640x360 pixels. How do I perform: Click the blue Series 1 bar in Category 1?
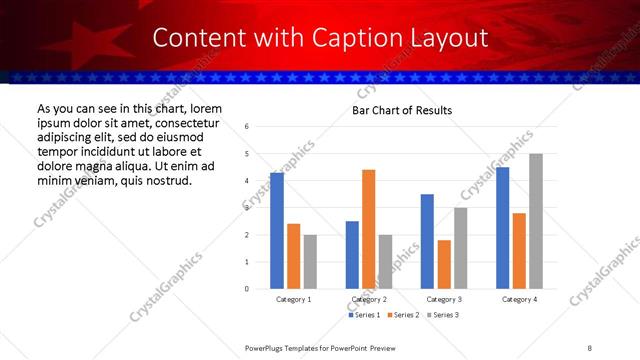(x=277, y=231)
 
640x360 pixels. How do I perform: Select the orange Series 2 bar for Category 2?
(x=369, y=229)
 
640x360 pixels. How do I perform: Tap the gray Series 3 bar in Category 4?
(x=536, y=221)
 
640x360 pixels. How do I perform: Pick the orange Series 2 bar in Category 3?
(x=444, y=265)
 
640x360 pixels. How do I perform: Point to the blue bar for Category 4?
(x=502, y=228)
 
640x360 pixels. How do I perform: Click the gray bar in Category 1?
(x=310, y=262)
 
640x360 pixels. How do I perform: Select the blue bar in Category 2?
(x=352, y=255)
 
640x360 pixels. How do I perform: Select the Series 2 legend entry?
(x=403, y=315)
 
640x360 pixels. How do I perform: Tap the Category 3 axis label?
(x=444, y=299)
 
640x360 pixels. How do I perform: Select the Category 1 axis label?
(x=294, y=299)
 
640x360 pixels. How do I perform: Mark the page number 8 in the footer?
(x=590, y=346)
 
